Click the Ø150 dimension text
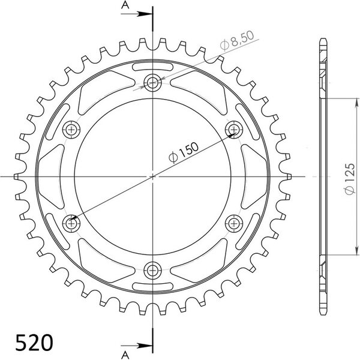coord(183,152)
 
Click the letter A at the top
coord(125,5)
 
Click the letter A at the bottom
coord(125,355)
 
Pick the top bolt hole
coord(152,82)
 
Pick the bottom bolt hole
coord(152,271)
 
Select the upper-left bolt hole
coord(71,130)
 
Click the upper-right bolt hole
coord(234,130)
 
